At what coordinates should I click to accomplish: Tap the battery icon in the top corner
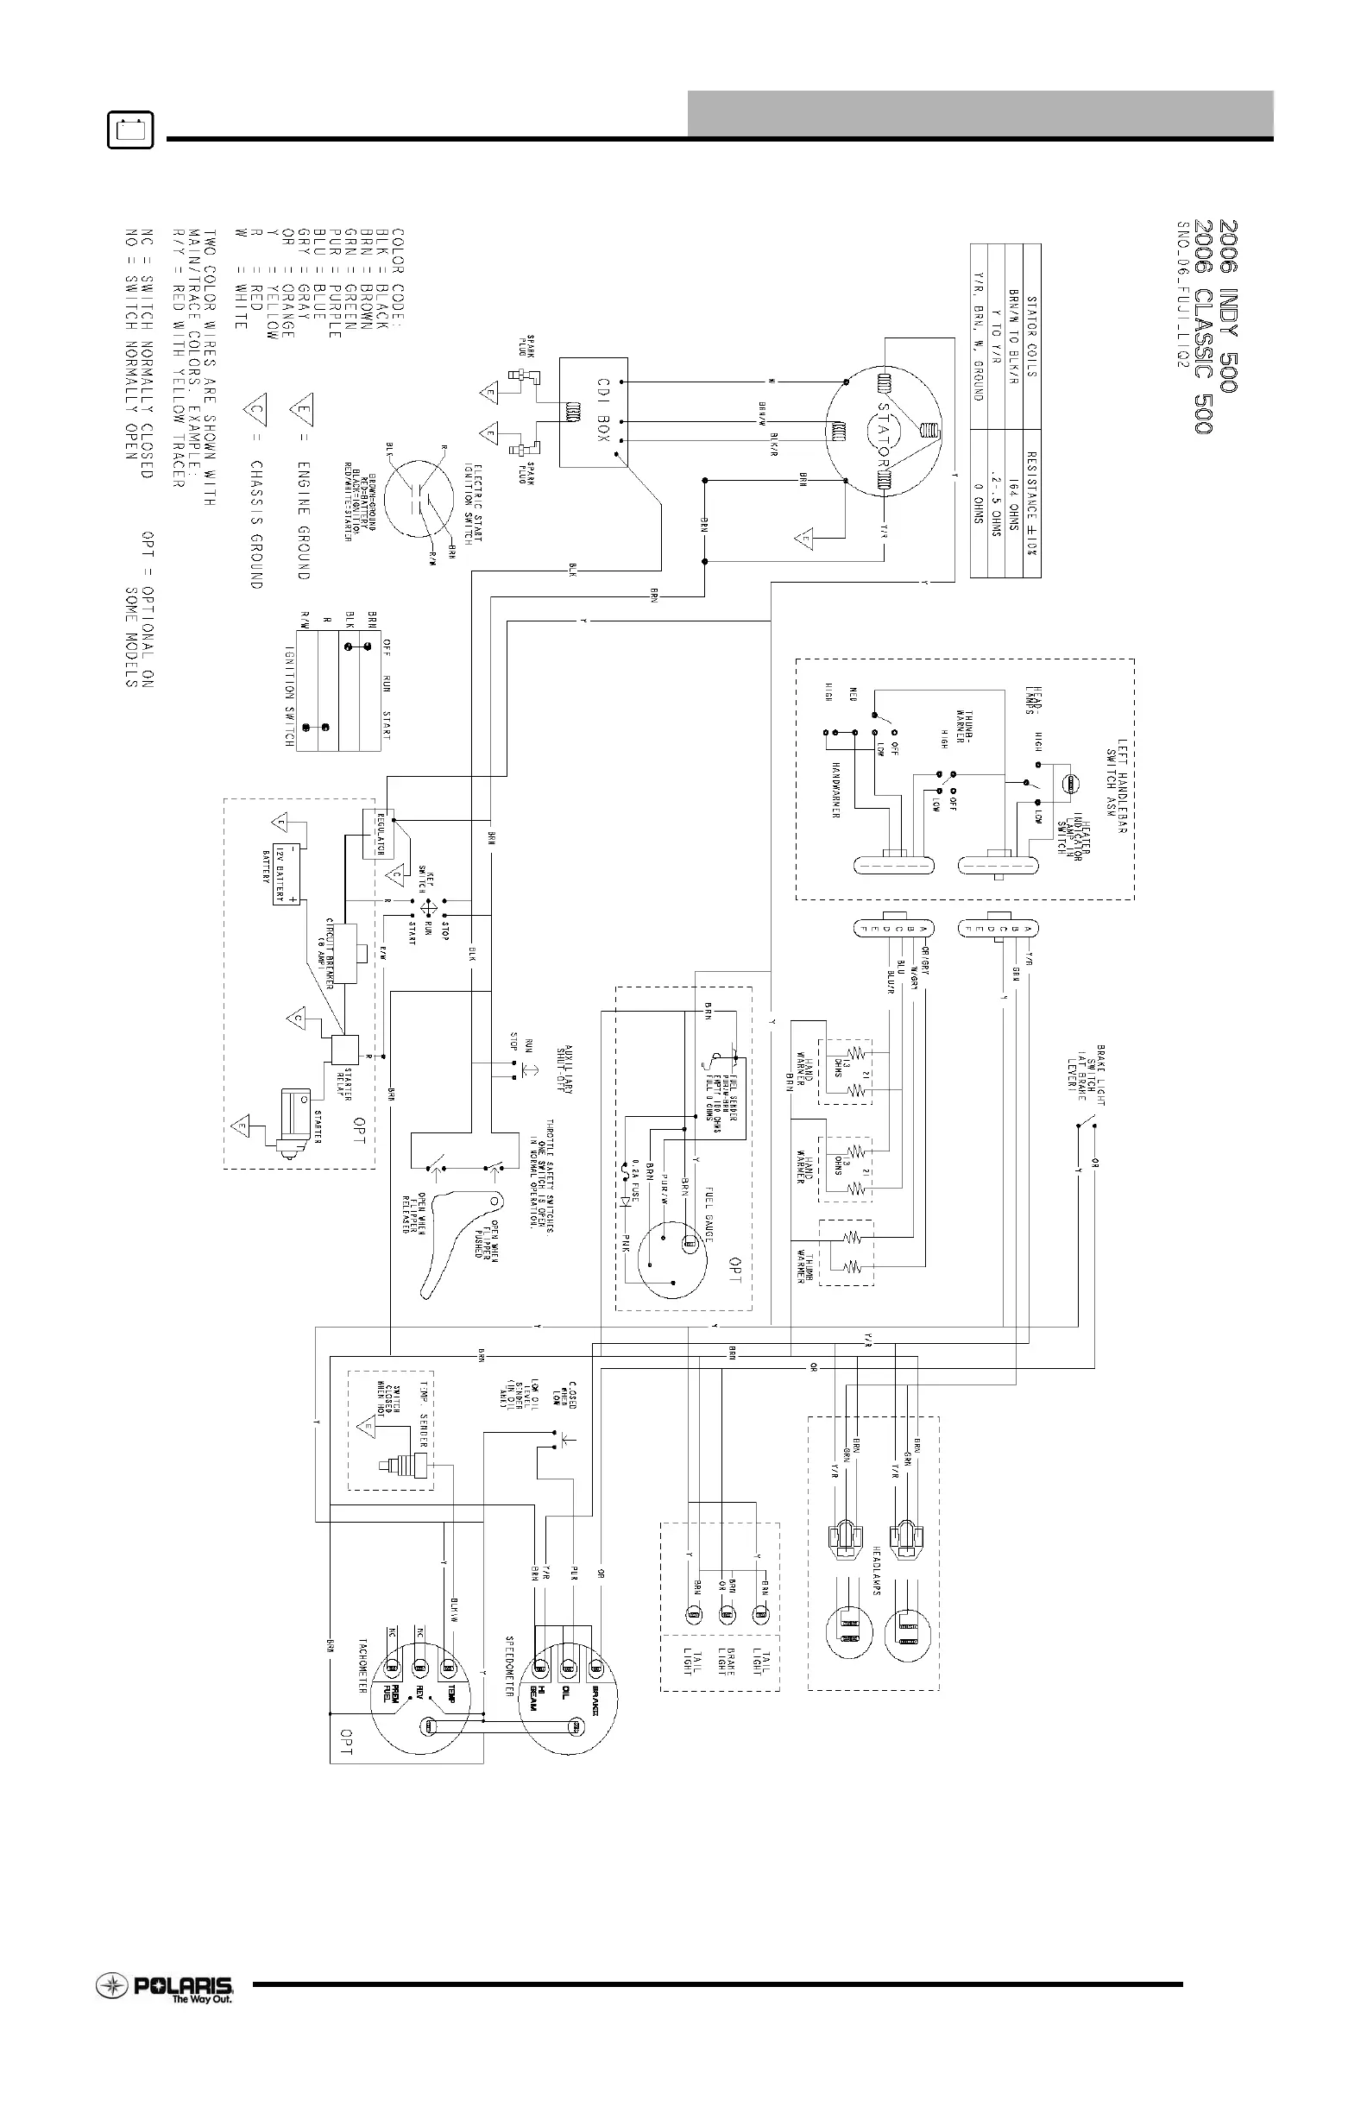(130, 130)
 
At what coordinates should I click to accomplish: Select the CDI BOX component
(593, 411)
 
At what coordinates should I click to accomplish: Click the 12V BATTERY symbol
(286, 873)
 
